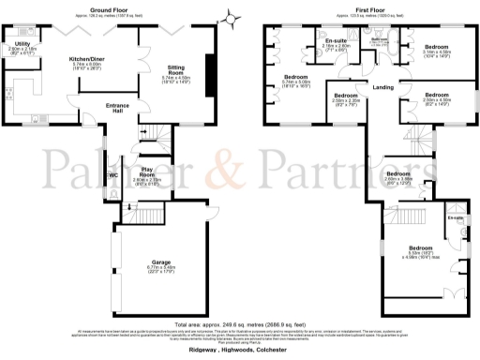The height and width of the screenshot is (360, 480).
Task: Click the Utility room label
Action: coord(22,44)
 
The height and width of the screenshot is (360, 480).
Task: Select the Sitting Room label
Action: coord(176,68)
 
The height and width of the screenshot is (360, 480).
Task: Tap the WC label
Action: coord(113,174)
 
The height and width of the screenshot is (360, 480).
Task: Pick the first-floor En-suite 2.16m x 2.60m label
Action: coord(336,43)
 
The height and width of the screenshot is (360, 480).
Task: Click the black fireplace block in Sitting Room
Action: coord(209,69)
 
